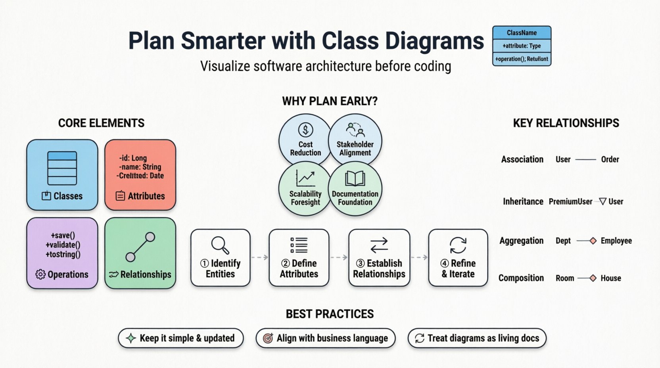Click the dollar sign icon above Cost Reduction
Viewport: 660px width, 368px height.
(305, 130)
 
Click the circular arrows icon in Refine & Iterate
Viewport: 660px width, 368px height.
(458, 245)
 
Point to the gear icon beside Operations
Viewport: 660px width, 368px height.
(40, 274)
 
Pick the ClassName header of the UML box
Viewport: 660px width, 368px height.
(522, 33)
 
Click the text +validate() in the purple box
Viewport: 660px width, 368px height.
(63, 245)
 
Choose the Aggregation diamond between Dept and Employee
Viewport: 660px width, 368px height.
(593, 241)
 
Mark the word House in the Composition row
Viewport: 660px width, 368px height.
(611, 278)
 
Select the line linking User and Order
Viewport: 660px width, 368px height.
(585, 159)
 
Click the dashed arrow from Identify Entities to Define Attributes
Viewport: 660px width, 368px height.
(260, 257)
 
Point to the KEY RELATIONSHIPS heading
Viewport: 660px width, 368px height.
(566, 123)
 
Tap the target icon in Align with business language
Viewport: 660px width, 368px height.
(268, 338)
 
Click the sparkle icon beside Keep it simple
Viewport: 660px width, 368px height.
(130, 338)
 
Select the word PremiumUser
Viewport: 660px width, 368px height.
(570, 201)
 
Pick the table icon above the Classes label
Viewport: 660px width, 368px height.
(62, 168)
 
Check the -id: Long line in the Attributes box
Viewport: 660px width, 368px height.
(133, 158)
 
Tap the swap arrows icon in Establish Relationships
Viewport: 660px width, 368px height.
(379, 245)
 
